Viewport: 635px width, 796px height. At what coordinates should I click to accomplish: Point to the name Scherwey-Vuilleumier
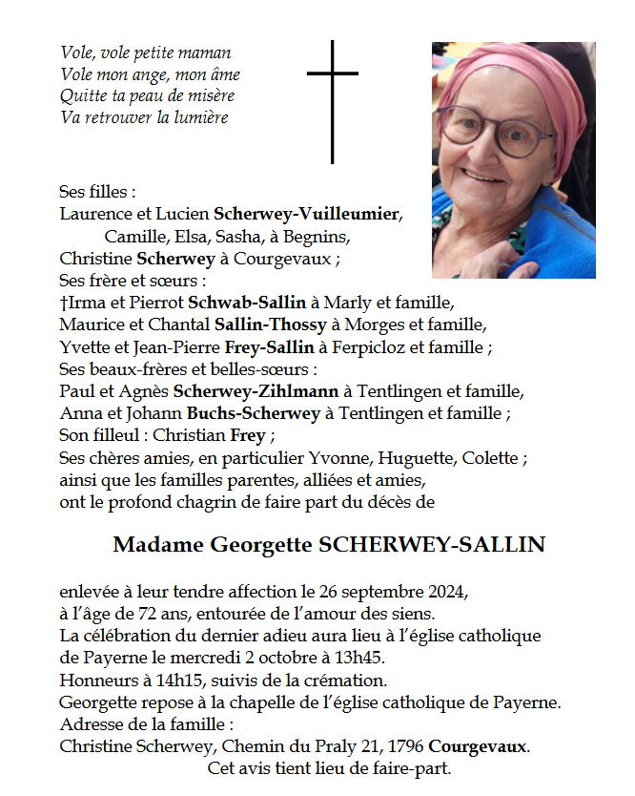point(308,213)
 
